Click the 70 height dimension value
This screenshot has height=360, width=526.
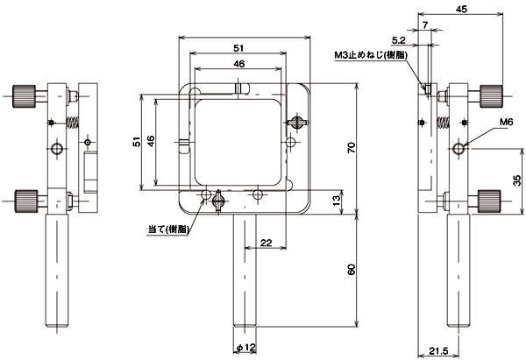[352, 147]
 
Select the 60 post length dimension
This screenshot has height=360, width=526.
[352, 270]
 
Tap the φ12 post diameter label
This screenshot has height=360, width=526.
[245, 348]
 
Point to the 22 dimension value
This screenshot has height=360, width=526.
[266, 243]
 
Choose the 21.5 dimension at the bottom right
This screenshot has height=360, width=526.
[439, 351]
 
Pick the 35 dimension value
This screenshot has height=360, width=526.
[517, 180]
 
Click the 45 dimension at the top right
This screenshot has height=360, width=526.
[461, 9]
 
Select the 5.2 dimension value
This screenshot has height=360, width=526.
[399, 40]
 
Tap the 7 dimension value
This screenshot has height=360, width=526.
[425, 25]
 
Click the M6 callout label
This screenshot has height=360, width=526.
[506, 122]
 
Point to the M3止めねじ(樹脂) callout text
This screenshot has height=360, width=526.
[371, 55]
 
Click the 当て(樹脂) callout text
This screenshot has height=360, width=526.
[168, 229]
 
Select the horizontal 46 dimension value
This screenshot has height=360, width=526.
[238, 64]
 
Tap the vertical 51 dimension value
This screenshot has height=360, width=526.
[137, 142]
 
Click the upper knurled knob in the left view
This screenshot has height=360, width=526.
[25, 96]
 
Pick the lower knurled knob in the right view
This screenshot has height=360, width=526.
[489, 201]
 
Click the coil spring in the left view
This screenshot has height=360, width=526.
[73, 123]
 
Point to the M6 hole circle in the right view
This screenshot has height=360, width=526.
[458, 148]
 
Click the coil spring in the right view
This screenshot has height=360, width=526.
[443, 123]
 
